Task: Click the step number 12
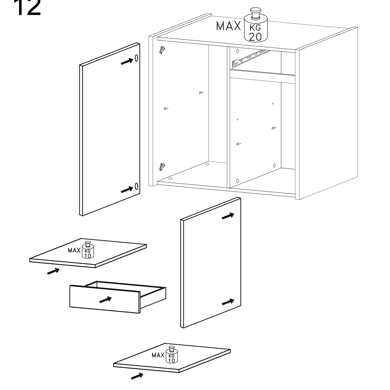pyautogui.click(x=27, y=7)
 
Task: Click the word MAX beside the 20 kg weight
pyautogui.click(x=228, y=26)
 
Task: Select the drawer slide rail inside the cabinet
pyautogui.click(x=251, y=59)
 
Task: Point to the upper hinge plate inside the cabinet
pyautogui.click(x=162, y=50)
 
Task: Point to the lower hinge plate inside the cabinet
pyautogui.click(x=162, y=167)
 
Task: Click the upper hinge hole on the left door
pyautogui.click(x=137, y=58)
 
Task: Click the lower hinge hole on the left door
pyautogui.click(x=137, y=186)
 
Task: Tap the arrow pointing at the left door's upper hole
pyautogui.click(x=127, y=61)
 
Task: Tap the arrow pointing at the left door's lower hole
pyautogui.click(x=127, y=190)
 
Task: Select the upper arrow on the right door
pyautogui.click(x=228, y=216)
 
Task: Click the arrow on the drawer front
pyautogui.click(x=105, y=300)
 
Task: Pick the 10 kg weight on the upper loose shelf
pyautogui.click(x=88, y=250)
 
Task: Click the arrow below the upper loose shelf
pyautogui.click(x=53, y=271)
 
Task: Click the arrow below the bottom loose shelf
pyautogui.click(x=137, y=376)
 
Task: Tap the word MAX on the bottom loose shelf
pyautogui.click(x=158, y=355)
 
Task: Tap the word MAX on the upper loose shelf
pyautogui.click(x=74, y=250)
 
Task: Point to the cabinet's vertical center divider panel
pyautogui.click(x=228, y=117)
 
